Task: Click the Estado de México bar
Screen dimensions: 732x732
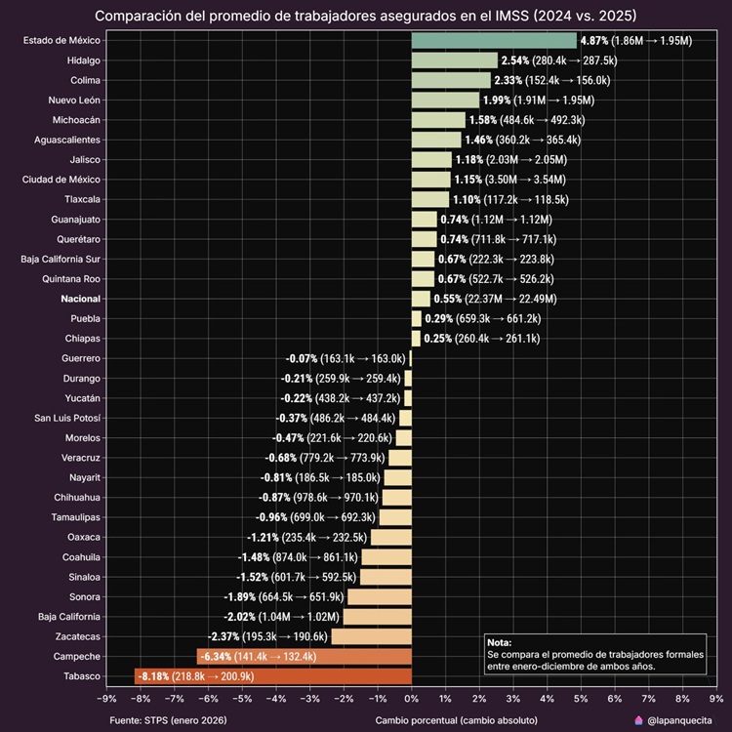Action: click(494, 40)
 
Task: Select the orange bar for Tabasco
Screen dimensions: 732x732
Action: click(273, 676)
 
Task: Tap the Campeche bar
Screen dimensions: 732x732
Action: click(305, 657)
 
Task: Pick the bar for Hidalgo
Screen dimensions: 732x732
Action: click(454, 61)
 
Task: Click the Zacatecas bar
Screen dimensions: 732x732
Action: click(372, 636)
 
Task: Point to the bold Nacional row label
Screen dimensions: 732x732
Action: click(80, 299)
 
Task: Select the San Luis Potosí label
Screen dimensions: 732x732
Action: click(66, 418)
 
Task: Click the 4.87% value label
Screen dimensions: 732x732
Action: click(593, 41)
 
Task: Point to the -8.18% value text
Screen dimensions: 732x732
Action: click(154, 676)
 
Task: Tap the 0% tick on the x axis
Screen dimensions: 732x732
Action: click(411, 698)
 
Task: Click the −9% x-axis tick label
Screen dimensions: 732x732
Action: click(106, 698)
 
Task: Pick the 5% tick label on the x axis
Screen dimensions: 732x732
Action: click(581, 698)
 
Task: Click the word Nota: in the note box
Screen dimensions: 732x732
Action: click(499, 642)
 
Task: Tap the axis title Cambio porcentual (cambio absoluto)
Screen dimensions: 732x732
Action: click(458, 720)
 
